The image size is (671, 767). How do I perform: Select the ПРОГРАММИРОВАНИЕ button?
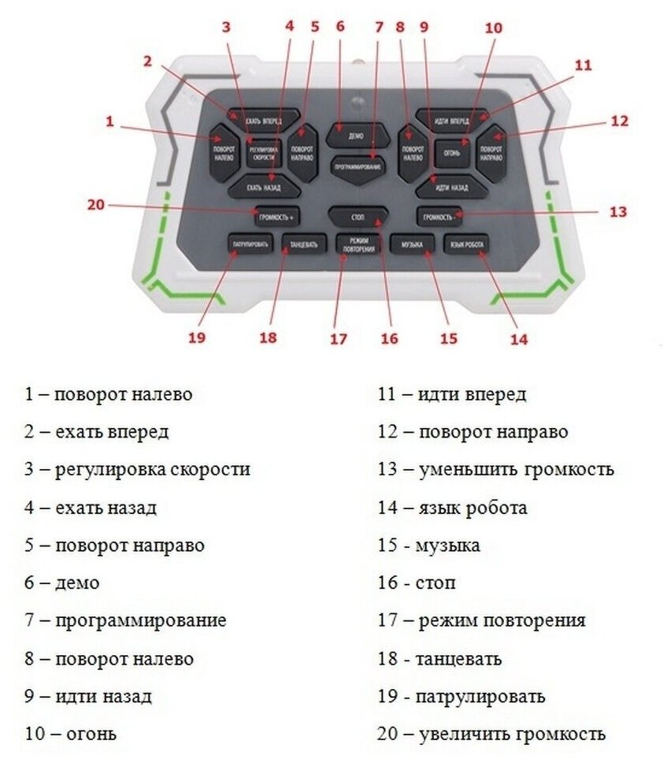(358, 168)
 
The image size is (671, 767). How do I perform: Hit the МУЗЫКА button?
(412, 245)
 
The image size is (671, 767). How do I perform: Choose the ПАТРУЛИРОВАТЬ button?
(250, 244)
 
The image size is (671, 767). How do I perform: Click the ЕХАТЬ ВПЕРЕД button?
(264, 120)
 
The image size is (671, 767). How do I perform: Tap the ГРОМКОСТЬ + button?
(278, 214)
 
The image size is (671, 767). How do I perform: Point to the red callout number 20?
(95, 204)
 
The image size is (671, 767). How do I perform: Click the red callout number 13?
(617, 211)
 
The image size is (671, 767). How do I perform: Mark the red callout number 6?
(340, 25)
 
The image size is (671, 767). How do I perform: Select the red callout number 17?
(339, 339)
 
